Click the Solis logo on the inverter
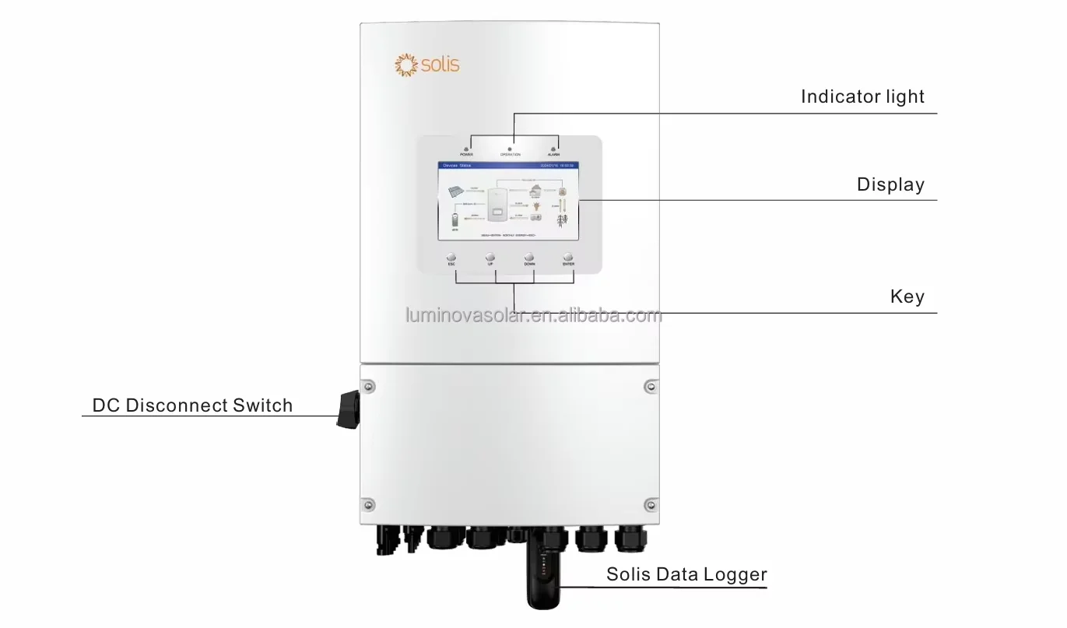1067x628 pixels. (428, 65)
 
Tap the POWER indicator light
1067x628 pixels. (465, 148)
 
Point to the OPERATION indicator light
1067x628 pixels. (510, 148)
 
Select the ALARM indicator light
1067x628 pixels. (553, 148)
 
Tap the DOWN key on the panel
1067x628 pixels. (529, 257)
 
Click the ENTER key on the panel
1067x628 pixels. (568, 257)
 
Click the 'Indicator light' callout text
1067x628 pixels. (862, 97)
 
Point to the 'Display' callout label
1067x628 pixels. (890, 185)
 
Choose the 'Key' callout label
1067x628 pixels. (907, 296)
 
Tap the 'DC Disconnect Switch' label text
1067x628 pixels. (192, 405)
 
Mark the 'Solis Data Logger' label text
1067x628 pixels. (686, 575)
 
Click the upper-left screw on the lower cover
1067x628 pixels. (369, 386)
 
